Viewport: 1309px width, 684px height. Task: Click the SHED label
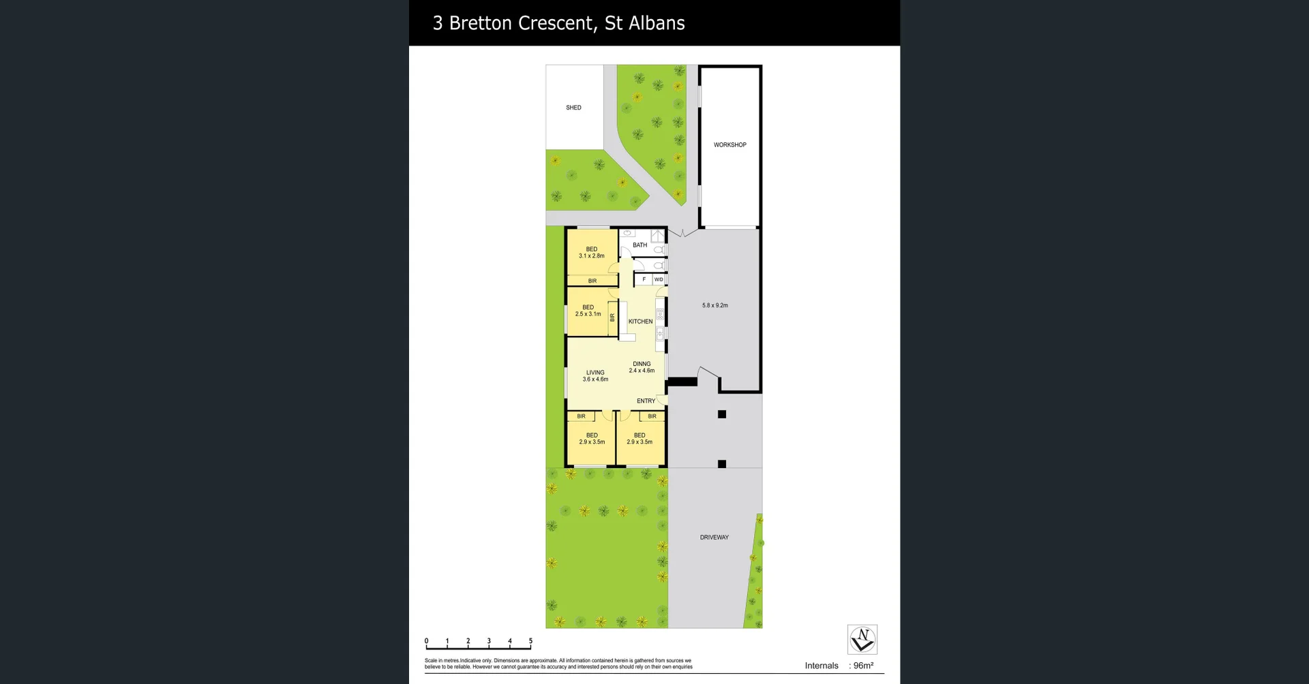573,108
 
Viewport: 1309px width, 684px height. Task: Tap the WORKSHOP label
729,145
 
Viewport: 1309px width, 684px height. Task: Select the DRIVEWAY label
714,538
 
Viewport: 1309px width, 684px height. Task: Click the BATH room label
640,245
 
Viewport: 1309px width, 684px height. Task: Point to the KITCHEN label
640,322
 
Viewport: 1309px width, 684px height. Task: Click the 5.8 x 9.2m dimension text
714,305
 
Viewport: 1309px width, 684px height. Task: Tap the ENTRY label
646,401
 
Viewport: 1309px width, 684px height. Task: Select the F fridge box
644,279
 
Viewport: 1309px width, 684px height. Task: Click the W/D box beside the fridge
659,279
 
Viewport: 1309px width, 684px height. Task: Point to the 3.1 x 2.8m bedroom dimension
591,256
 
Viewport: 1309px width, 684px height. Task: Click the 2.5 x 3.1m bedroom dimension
588,314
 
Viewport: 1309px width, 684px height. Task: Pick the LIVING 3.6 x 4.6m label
595,376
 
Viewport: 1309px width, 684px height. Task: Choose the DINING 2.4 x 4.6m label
642,367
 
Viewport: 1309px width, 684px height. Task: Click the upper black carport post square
722,414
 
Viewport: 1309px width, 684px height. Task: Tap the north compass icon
862,640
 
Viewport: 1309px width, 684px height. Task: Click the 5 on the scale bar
530,641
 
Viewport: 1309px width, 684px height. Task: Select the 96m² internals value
863,666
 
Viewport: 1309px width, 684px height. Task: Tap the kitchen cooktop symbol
660,315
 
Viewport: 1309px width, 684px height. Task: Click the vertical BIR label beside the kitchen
612,317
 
